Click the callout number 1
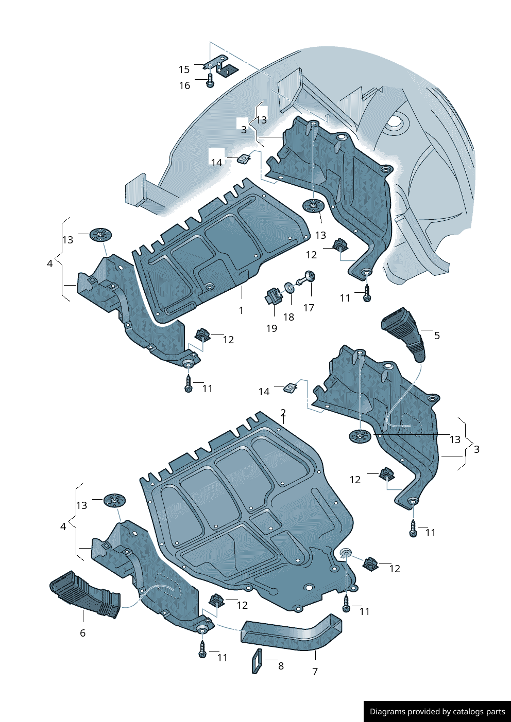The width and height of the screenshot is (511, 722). click(241, 310)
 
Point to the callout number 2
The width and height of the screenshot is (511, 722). click(283, 412)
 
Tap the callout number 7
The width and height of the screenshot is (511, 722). click(315, 672)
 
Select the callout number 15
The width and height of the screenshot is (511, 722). click(184, 69)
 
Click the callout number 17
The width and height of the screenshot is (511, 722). click(309, 308)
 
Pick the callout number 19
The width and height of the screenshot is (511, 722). click(271, 328)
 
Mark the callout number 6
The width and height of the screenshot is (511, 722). click(82, 633)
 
